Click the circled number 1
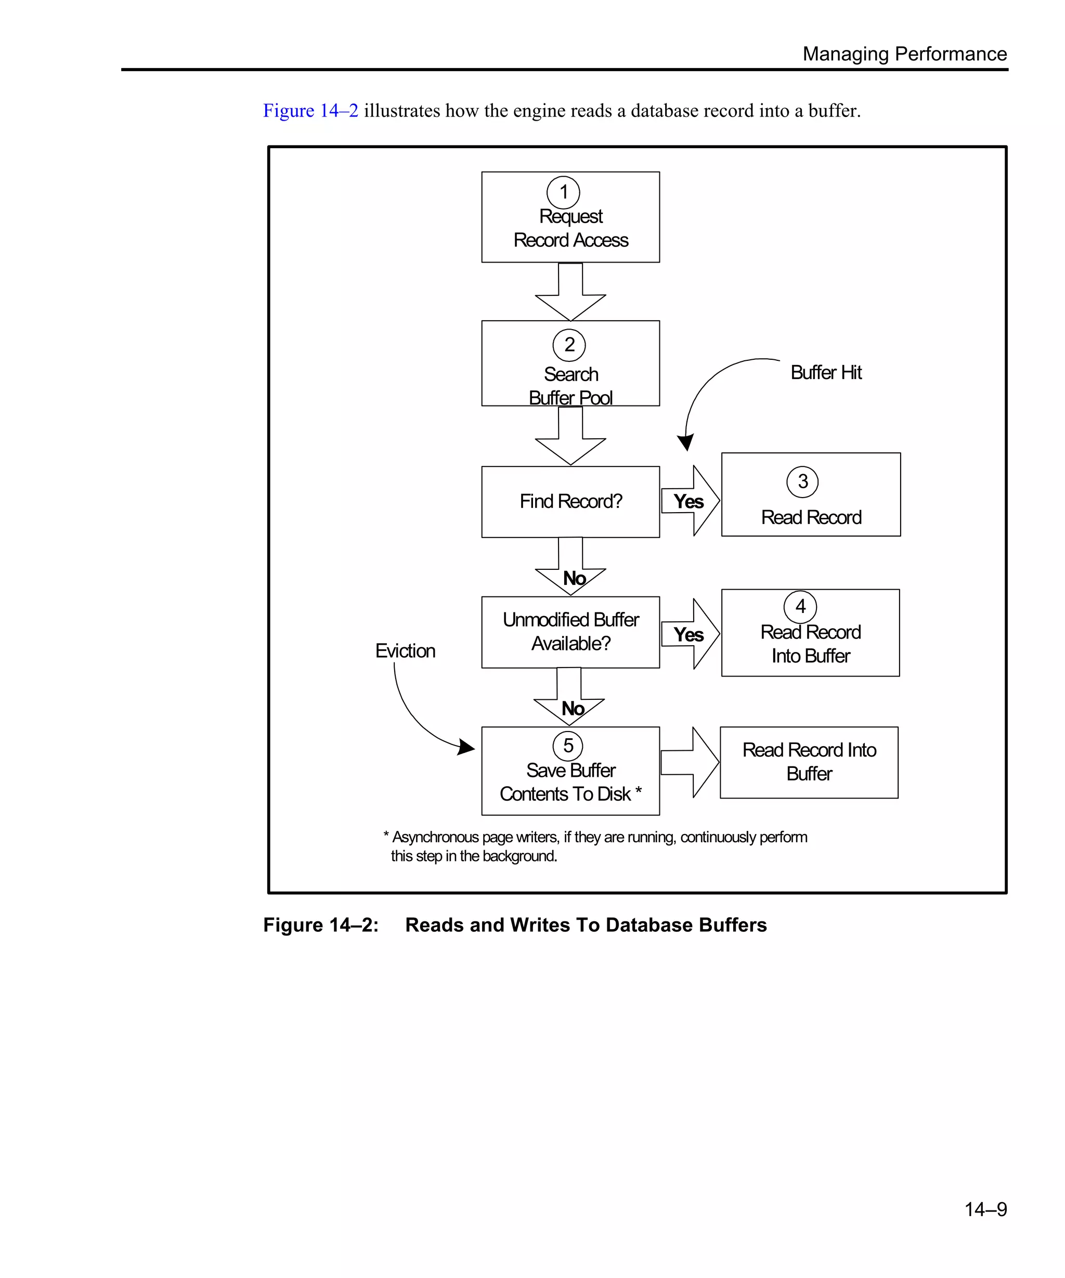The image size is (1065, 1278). pos(563,192)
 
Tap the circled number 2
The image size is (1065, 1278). pos(569,345)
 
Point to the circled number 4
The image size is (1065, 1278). pos(800,607)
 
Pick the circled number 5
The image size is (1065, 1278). pos(568,746)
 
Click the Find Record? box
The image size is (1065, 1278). pos(570,501)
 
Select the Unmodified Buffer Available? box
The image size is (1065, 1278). pos(570,632)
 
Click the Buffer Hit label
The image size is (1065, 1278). pos(826,372)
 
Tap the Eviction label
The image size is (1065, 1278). pos(405,650)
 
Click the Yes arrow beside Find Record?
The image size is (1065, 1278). pos(690,501)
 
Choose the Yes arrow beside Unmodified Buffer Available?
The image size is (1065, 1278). pos(690,634)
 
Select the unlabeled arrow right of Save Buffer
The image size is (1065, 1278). pos(690,762)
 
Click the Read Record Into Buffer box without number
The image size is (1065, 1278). pos(809,762)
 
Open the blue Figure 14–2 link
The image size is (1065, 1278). pos(310,111)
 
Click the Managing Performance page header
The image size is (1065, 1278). pos(904,54)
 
